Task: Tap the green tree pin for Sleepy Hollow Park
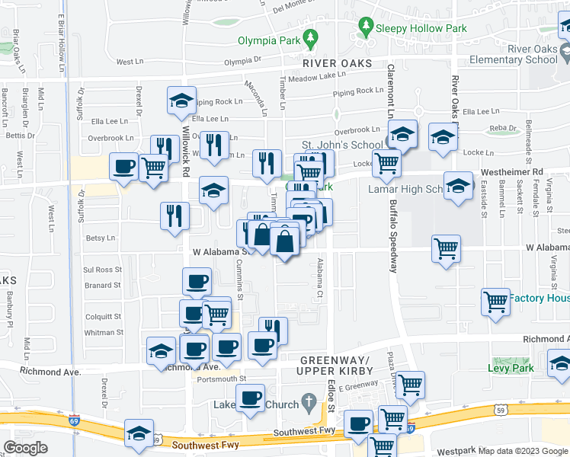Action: point(366,27)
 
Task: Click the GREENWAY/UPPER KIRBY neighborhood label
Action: point(337,365)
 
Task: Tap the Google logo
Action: point(25,447)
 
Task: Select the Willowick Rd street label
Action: point(185,152)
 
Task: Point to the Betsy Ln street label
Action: point(100,238)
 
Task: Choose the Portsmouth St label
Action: point(221,379)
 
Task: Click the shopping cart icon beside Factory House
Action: point(495,302)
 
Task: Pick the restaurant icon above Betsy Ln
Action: point(175,215)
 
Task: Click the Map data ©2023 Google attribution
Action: point(522,451)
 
